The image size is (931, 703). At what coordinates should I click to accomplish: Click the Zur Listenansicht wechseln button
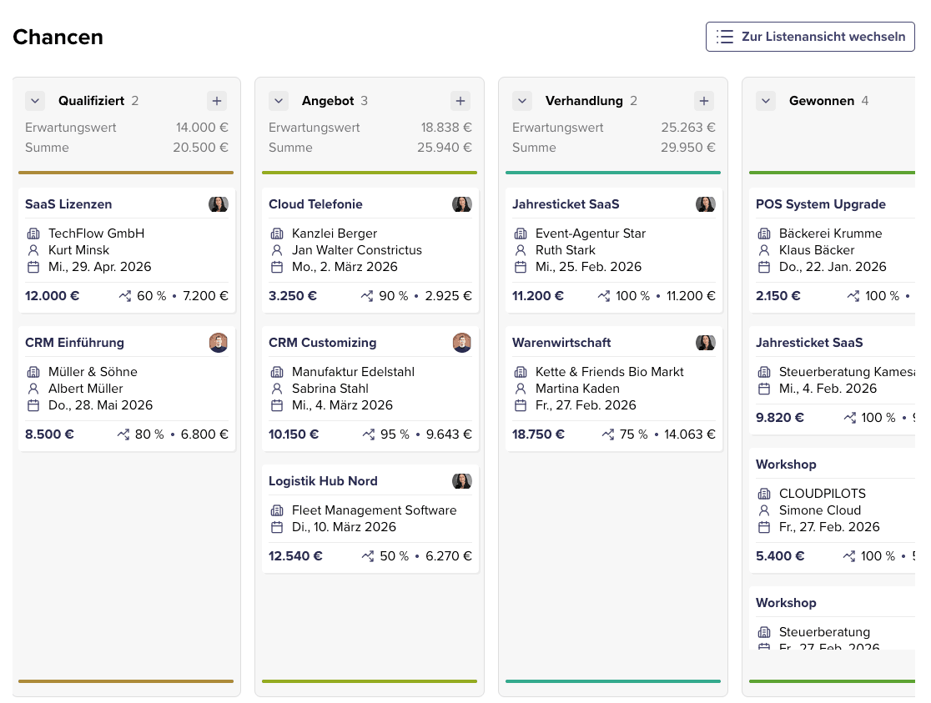[x=810, y=37]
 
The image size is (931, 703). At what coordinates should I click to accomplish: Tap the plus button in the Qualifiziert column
[x=217, y=101]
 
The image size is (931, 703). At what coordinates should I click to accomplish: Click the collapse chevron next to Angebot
[x=279, y=101]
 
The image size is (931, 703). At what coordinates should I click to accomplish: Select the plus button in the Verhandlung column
[x=704, y=101]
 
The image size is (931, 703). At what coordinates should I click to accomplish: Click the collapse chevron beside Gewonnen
[x=766, y=101]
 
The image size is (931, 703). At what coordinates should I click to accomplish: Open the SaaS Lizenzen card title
[x=68, y=204]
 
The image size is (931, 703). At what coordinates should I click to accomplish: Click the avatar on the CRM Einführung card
[x=219, y=343]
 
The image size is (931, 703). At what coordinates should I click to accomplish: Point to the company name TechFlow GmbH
[x=96, y=233]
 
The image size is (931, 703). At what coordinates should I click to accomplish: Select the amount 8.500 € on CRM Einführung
[x=49, y=434]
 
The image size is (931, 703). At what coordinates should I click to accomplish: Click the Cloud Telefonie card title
[x=315, y=204]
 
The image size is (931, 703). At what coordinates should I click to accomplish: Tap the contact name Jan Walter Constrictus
[x=356, y=250]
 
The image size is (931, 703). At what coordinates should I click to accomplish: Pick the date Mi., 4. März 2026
[x=342, y=405]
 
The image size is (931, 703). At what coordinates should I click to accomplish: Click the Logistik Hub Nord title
[x=323, y=481]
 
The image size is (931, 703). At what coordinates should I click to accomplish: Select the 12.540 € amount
[x=295, y=556]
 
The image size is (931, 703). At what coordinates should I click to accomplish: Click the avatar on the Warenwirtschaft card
[x=706, y=343]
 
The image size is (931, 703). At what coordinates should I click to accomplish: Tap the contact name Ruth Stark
[x=565, y=250]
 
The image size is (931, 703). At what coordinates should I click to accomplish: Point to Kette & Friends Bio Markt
[x=609, y=372]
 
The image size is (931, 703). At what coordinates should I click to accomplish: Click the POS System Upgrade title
[x=820, y=204]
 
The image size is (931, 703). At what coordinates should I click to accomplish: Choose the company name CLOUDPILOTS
[x=822, y=494]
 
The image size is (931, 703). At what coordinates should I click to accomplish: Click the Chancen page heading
[x=58, y=38]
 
